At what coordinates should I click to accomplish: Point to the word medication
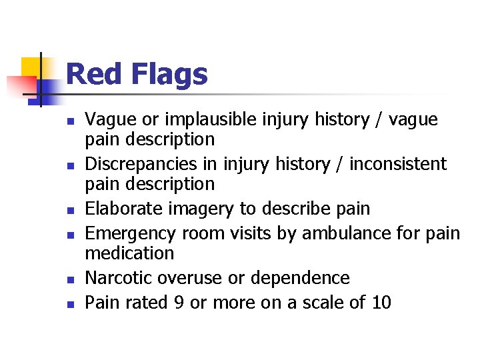coord(129,253)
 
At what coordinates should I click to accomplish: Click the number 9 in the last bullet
coord(178,303)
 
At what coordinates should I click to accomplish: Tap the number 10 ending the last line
coord(381,303)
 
